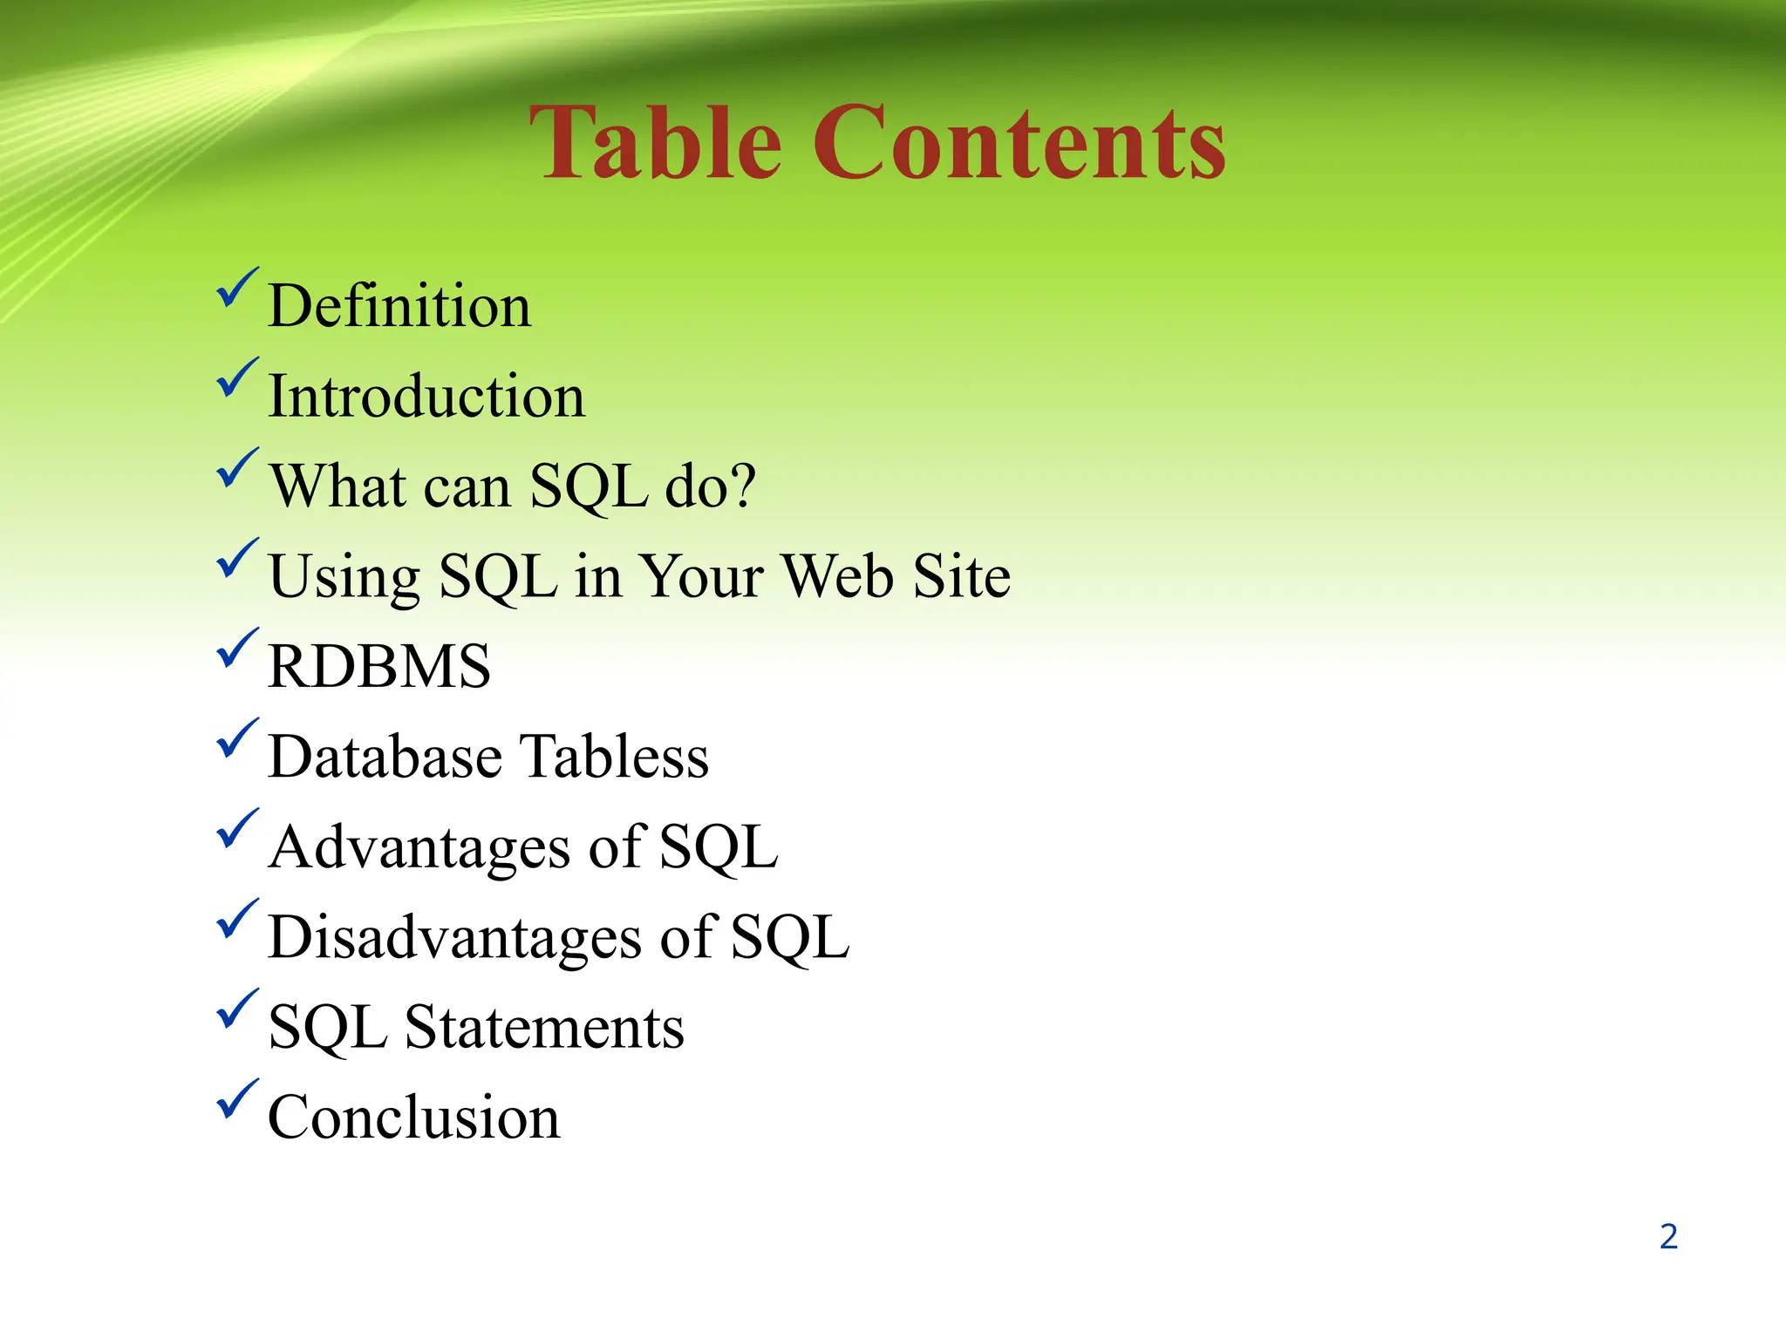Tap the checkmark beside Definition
(236, 289)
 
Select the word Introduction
(426, 397)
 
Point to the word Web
(837, 576)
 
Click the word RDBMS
(379, 667)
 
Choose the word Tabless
(614, 757)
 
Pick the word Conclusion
(413, 1118)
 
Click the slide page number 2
(1668, 1237)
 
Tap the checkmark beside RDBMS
(236, 649)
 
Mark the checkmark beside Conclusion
(236, 1100)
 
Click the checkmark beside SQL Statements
(236, 1009)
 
